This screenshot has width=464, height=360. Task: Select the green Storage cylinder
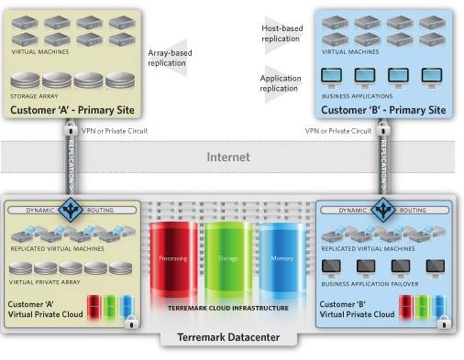(x=227, y=259)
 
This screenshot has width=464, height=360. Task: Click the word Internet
(x=228, y=157)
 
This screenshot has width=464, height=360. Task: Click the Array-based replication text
(x=169, y=58)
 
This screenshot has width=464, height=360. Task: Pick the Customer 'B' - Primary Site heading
(x=383, y=110)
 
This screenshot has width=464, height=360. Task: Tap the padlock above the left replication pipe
(x=70, y=131)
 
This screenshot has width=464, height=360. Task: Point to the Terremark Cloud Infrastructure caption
(x=227, y=308)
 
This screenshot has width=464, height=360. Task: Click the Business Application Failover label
(x=369, y=284)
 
